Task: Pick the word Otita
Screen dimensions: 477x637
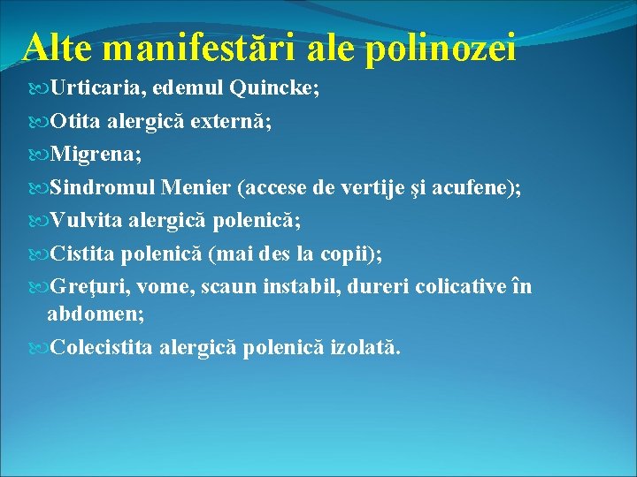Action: coord(75,121)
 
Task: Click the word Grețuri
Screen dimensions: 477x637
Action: coord(87,286)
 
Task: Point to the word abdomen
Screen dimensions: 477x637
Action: coord(88,315)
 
